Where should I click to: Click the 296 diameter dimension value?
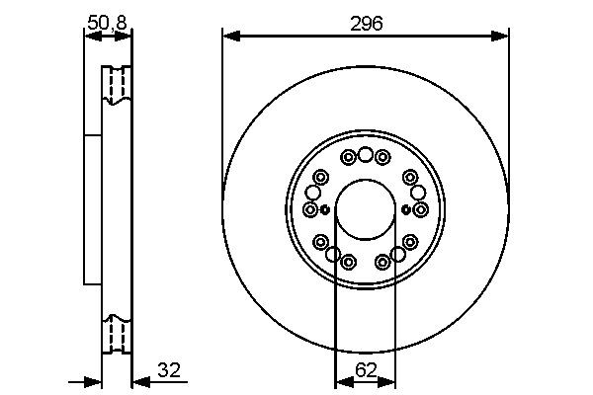366,23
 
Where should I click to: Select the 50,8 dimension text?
107,21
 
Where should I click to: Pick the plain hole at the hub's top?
366,154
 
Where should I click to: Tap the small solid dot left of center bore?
324,209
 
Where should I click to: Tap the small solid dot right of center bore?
406,209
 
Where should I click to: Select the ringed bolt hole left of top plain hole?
348,157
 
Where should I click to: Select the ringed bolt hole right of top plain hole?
382,157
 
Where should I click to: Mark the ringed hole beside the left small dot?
311,209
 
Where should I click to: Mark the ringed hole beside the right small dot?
420,209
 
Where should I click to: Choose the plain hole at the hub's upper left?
313,192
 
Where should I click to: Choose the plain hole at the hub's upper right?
418,192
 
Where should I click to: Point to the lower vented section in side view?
117,334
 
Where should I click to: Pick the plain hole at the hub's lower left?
334,255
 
